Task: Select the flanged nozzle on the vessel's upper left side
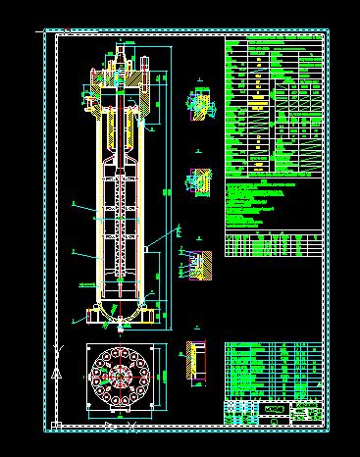89,99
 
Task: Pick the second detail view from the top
198,180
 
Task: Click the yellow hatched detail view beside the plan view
195,362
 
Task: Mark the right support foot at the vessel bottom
146,315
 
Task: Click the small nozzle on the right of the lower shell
158,248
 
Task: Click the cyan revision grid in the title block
240,411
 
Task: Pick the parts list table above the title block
273,369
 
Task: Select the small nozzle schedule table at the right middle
273,243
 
